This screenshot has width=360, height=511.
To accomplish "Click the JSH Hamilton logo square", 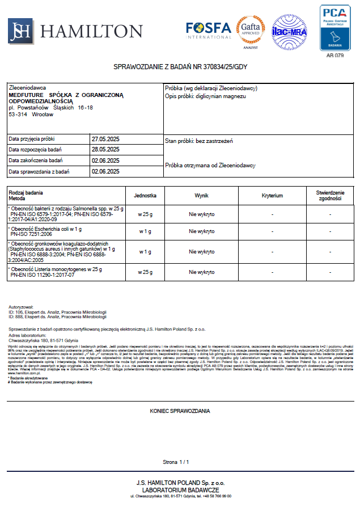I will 20,31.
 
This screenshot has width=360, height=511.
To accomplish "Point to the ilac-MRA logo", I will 290,31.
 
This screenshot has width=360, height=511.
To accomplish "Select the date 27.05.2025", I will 105,139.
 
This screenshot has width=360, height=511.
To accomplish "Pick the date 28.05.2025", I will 105,150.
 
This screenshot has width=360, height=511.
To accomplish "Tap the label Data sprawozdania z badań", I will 39,171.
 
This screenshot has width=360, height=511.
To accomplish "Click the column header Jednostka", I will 145,196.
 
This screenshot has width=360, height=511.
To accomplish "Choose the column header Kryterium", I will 272,196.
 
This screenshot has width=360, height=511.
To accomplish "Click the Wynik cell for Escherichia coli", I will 202,231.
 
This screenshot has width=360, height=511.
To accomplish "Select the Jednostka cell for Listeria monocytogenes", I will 145,272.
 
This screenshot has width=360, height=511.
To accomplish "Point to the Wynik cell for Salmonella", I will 202,214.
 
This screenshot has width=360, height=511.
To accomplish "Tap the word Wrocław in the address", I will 43,114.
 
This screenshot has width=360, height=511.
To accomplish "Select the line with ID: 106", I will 57,311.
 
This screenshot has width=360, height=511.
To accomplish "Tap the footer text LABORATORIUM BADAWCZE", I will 180,489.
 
